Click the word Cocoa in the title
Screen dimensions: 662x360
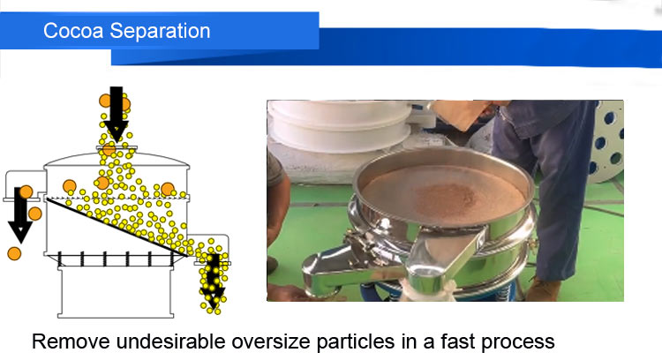tap(73, 31)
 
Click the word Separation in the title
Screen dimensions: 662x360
tap(160, 31)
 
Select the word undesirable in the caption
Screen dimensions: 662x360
tap(171, 341)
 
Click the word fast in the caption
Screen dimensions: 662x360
tap(457, 341)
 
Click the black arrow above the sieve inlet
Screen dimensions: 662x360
tap(117, 114)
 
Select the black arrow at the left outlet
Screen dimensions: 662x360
tap(19, 215)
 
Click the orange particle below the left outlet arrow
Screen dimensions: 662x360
tap(14, 253)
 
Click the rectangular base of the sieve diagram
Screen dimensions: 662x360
tap(116, 292)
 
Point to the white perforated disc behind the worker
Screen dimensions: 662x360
tap(608, 141)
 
